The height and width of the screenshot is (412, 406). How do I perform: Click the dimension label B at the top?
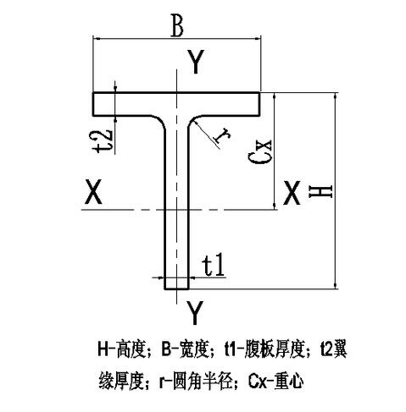(177, 26)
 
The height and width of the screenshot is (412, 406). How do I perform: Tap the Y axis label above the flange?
(197, 62)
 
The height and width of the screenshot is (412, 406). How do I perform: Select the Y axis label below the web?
(195, 312)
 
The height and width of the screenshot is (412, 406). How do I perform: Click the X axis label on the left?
(93, 192)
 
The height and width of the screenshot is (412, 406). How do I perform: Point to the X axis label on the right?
(292, 193)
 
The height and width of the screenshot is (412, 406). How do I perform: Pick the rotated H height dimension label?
(320, 191)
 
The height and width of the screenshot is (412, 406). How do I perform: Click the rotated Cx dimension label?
(260, 151)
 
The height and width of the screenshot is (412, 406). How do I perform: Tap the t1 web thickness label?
(214, 265)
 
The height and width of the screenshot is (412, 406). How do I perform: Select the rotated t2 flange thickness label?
(103, 142)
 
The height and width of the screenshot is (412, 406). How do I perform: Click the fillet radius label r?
(222, 135)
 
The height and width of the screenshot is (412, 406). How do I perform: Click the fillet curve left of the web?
(159, 121)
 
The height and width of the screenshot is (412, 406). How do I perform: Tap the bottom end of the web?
(176, 288)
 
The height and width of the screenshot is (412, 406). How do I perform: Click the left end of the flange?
(93, 104)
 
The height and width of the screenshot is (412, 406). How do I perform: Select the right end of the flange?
(259, 104)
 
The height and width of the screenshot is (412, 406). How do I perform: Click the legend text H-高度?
(121, 349)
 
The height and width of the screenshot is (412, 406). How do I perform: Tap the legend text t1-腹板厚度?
(264, 349)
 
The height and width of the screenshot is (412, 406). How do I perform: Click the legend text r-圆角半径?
(196, 382)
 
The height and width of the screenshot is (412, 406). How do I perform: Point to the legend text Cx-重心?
(276, 382)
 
